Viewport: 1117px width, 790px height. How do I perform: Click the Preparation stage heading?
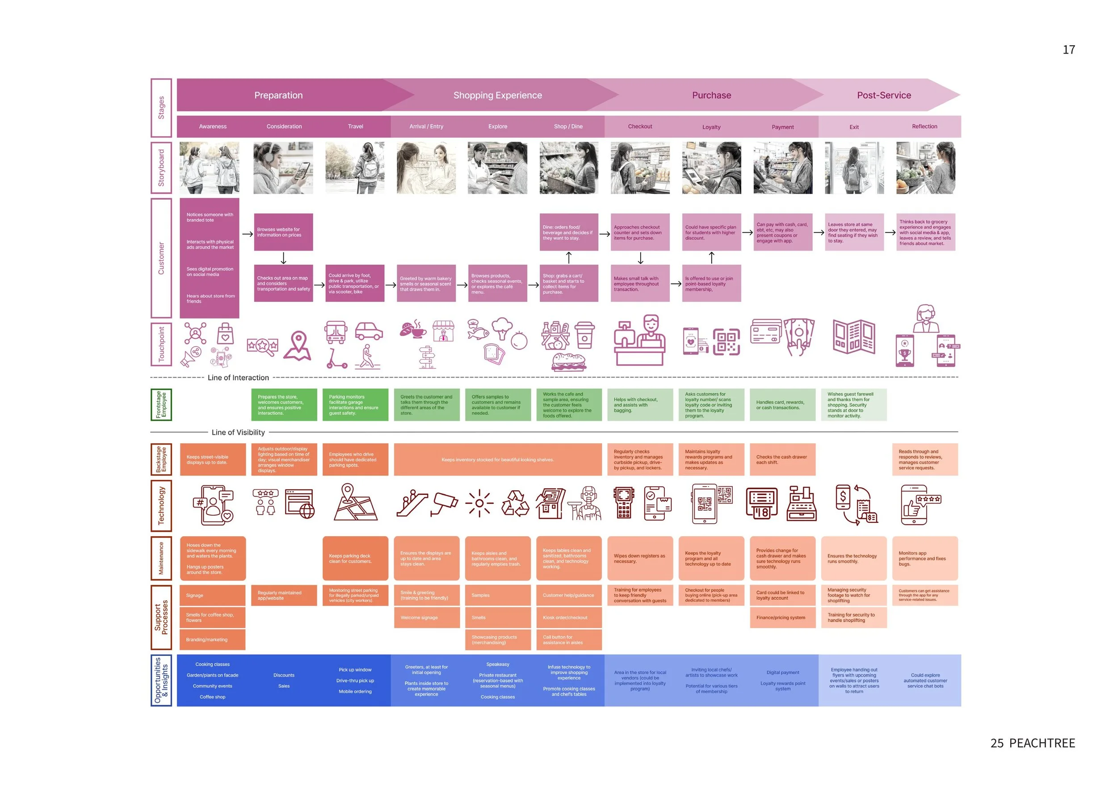click(x=278, y=95)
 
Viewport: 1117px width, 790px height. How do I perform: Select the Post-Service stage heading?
click(x=883, y=95)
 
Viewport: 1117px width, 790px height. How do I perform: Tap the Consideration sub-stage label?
click(x=284, y=126)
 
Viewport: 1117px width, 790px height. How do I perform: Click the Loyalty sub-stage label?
click(x=711, y=127)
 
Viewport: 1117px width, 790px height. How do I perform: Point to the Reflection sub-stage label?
click(x=924, y=126)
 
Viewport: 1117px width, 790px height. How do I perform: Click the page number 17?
click(x=1068, y=50)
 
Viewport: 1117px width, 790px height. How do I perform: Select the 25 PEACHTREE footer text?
click(x=1033, y=743)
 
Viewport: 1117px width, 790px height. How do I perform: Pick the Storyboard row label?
click(x=161, y=168)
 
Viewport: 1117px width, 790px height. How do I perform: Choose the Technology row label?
click(x=161, y=505)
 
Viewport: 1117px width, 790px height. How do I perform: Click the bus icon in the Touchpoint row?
click(x=336, y=333)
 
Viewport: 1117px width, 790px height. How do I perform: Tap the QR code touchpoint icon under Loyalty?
click(x=726, y=341)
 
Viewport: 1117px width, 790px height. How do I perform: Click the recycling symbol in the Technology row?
click(x=515, y=504)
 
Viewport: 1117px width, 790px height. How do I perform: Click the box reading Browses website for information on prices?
click(x=283, y=232)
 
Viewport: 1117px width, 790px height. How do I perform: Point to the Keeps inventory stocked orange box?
click(x=497, y=459)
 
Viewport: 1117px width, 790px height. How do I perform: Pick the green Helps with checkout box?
click(x=640, y=405)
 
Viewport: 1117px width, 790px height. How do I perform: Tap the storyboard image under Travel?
click(x=355, y=168)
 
